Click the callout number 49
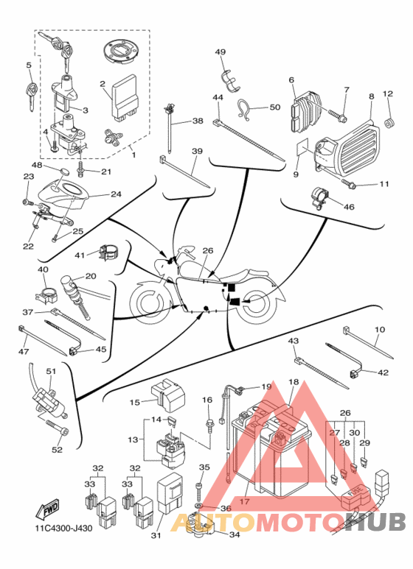click(221, 52)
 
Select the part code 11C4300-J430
click(63, 528)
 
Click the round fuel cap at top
click(121, 53)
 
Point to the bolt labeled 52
click(58, 428)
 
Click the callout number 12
click(387, 93)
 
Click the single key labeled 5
click(31, 95)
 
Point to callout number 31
click(156, 535)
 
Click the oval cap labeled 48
click(65, 171)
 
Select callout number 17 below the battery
click(244, 502)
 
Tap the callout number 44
click(218, 97)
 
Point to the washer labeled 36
click(199, 506)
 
